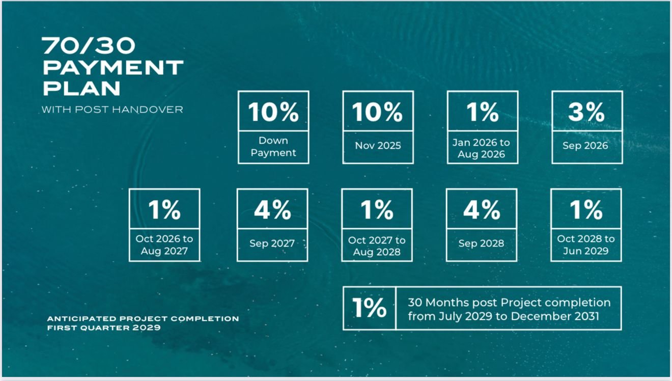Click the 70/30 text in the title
[x=89, y=46]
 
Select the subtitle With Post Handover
[x=112, y=110]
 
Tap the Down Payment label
[x=273, y=147]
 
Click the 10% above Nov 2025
[x=378, y=112]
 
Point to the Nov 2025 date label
[x=378, y=146]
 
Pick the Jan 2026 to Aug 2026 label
[x=481, y=148]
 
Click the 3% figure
[x=586, y=112]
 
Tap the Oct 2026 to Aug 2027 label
[x=164, y=244]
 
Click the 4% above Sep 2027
[x=272, y=209]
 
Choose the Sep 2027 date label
[x=272, y=243]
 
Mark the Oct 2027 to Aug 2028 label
[x=377, y=246]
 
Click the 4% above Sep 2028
[x=482, y=209]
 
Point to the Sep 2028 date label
[x=481, y=243]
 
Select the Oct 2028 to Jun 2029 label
[x=586, y=244]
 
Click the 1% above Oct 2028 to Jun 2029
[x=586, y=209]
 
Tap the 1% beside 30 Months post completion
[x=369, y=308]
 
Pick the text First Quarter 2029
[x=104, y=328]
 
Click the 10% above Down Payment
[x=273, y=112]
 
